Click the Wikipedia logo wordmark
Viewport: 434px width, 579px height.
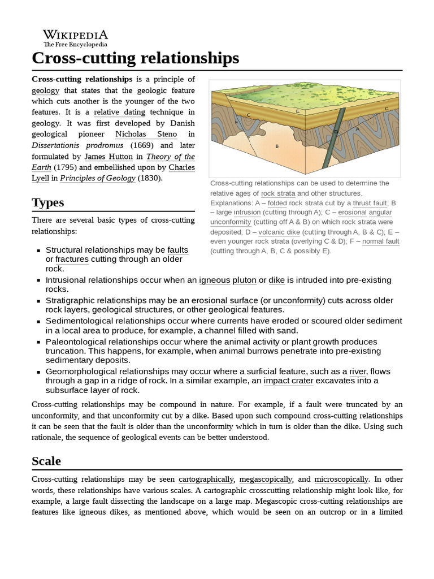click(x=76, y=34)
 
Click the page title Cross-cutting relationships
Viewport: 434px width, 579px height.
click(x=136, y=58)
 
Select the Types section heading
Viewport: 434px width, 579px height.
click(x=48, y=202)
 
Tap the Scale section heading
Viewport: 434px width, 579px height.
click(x=46, y=460)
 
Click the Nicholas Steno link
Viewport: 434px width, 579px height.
click(x=146, y=134)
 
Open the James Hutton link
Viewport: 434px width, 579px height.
click(x=108, y=156)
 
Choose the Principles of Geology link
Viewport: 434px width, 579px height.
click(x=98, y=178)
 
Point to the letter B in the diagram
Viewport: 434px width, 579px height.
click(x=277, y=146)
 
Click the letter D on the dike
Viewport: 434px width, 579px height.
click(x=336, y=132)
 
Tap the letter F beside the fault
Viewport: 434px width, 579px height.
click(x=236, y=122)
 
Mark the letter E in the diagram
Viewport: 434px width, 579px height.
click(x=298, y=112)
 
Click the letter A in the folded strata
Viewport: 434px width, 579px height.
click(x=357, y=129)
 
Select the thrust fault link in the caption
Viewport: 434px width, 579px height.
click(x=370, y=202)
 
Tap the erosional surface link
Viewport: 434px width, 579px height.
click(x=225, y=300)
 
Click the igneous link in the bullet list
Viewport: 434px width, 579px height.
click(x=214, y=280)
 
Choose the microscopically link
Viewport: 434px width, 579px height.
click(x=341, y=479)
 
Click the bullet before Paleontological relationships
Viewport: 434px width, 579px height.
click(x=38, y=342)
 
